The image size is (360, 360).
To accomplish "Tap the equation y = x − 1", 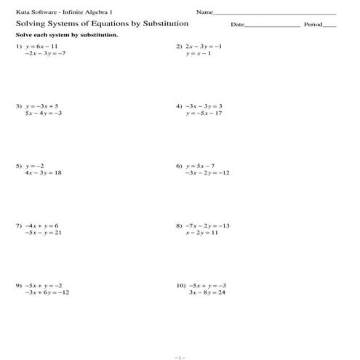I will [199, 54].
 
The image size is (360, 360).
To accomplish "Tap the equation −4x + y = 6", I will [41, 225].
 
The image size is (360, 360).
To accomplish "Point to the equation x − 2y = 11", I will [201, 233].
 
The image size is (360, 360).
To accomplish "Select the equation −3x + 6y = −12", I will [47, 292].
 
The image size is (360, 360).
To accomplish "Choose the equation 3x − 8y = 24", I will [207, 292].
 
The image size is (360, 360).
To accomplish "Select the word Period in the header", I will [313, 25].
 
